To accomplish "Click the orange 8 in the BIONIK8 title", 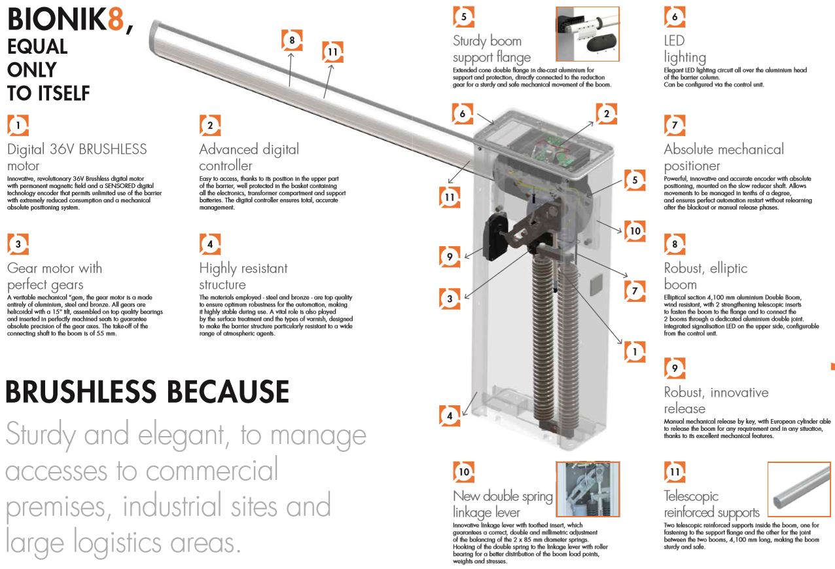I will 115,20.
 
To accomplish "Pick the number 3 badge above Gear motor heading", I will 18,244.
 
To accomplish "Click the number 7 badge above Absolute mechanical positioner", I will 675,125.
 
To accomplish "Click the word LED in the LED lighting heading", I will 674,41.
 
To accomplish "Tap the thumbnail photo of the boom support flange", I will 587,34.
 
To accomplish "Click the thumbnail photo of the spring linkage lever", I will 587,489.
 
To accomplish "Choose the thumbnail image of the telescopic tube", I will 798,489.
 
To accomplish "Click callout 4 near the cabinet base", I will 450,414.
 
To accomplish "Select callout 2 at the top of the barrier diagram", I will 607,114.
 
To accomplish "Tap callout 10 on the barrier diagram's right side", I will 634,230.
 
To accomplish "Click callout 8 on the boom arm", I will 292,40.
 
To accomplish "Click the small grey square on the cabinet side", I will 595,284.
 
